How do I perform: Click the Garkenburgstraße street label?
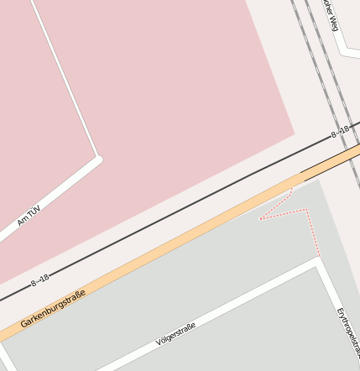pos(53,308)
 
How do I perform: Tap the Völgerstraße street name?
pos(175,333)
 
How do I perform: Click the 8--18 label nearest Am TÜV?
pos(40,280)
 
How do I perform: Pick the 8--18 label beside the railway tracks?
pos(340,132)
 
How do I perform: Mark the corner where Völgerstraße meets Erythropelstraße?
pos(319,263)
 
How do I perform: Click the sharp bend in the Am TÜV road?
pos(98,158)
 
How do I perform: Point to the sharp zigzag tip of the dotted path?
pos(260,218)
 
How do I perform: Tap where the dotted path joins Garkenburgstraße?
pos(293,188)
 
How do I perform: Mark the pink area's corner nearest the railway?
pos(295,132)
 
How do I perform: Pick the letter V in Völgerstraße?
pos(159,342)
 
